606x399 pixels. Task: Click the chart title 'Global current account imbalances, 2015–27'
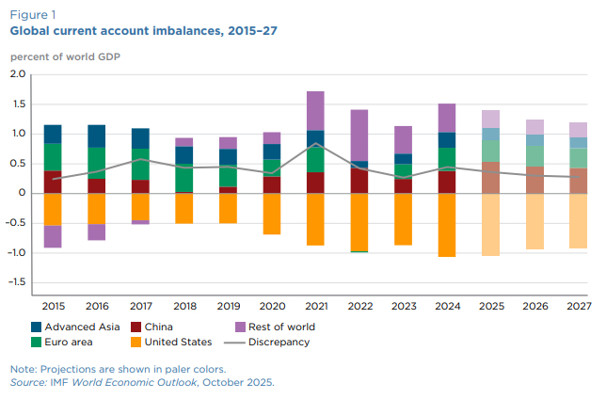[143, 31]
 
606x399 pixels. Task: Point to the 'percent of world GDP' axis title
[65, 56]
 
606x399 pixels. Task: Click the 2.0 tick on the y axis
[17, 74]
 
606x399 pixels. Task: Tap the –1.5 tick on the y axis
[16, 282]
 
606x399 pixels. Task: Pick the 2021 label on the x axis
[315, 306]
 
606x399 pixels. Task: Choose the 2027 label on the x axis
[578, 306]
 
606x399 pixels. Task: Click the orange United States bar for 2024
[447, 225]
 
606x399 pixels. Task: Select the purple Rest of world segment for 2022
[359, 136]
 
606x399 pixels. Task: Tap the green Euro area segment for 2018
[184, 178]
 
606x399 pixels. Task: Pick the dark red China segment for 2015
[53, 182]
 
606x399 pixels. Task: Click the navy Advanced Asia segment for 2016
[97, 136]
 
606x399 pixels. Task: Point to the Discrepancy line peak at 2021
[316, 144]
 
